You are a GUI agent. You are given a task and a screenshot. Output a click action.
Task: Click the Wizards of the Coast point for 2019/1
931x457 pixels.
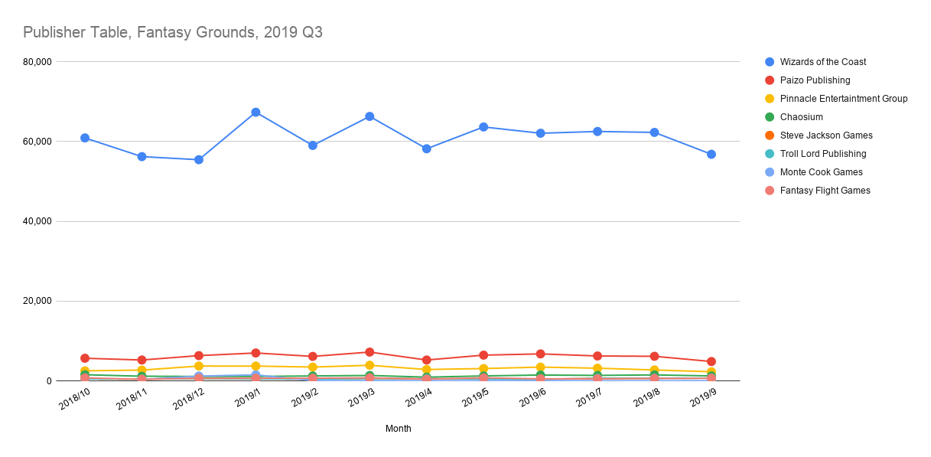[256, 113]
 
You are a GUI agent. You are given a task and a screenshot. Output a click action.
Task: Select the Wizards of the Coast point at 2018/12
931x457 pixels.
[199, 160]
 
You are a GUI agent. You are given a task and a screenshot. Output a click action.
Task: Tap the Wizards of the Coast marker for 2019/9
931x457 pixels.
[711, 155]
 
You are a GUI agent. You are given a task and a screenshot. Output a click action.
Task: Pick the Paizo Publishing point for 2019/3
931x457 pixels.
[369, 352]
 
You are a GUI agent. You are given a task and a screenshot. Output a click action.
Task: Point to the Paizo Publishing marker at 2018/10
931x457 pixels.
[85, 358]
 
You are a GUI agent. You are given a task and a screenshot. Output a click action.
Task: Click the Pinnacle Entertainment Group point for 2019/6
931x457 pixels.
[540, 367]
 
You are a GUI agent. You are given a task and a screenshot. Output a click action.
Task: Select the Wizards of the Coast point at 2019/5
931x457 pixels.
[483, 127]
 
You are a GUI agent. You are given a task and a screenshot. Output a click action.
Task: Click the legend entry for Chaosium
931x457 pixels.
[801, 117]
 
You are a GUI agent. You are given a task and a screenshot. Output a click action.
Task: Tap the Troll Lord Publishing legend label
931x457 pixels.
[823, 154]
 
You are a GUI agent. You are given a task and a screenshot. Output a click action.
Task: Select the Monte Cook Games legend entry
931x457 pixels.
[821, 172]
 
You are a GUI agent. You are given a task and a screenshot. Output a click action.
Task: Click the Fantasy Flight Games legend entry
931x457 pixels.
[825, 191]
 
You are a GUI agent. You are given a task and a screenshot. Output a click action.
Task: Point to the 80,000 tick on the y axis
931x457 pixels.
[36, 62]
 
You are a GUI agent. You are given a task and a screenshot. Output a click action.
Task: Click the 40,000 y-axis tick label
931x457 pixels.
[36, 221]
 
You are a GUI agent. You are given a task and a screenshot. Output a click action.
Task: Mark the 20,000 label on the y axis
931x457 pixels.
[36, 301]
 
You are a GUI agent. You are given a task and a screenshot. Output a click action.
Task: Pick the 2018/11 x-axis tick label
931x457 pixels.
[132, 400]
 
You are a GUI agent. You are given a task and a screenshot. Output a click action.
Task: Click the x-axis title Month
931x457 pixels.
[398, 429]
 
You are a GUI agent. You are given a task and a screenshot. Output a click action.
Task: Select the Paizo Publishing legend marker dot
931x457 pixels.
[770, 80]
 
